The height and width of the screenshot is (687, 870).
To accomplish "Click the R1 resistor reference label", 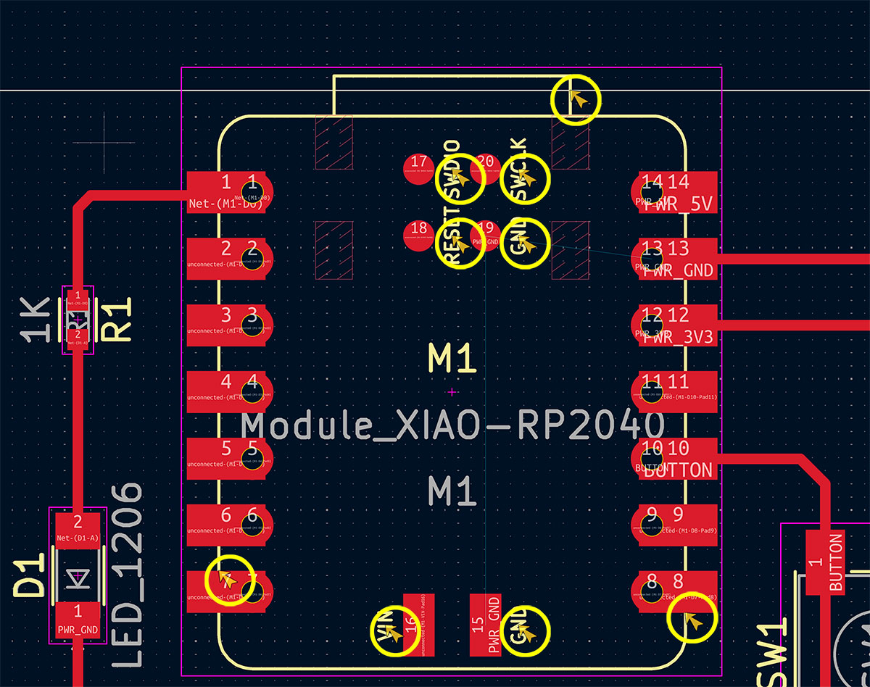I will coord(120,320).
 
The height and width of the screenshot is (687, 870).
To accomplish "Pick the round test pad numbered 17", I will coord(418,169).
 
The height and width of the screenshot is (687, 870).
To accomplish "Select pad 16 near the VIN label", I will coord(418,625).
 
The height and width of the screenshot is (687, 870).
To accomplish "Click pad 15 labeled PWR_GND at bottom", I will coord(485,625).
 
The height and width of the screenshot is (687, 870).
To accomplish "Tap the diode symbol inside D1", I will coord(77,577).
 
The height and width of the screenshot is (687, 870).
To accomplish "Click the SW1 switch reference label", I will coord(774,656).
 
